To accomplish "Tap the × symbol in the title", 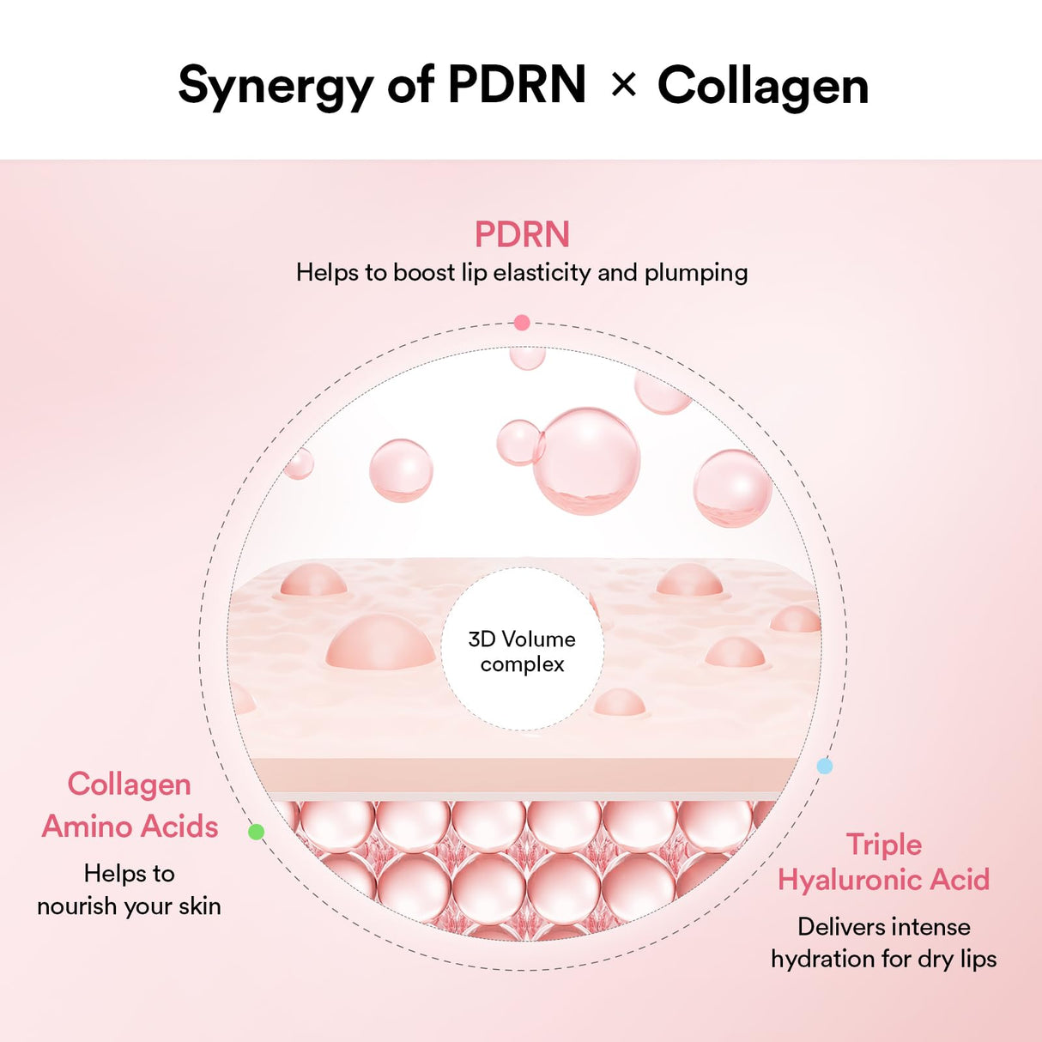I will pyautogui.click(x=624, y=84).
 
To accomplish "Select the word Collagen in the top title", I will pyautogui.click(x=763, y=87).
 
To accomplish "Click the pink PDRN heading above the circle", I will pyautogui.click(x=522, y=234).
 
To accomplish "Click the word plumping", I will pyautogui.click(x=696, y=273).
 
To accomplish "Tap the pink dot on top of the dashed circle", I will pyautogui.click(x=522, y=323).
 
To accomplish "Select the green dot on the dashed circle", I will pyautogui.click(x=256, y=831).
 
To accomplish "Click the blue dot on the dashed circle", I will pyautogui.click(x=824, y=766).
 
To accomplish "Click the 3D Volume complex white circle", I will pyautogui.click(x=522, y=651).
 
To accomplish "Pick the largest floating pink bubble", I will pyautogui.click(x=587, y=460).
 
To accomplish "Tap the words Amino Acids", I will pyautogui.click(x=130, y=827).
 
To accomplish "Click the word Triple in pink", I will pyautogui.click(x=884, y=845).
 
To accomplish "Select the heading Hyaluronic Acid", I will pyautogui.click(x=884, y=880).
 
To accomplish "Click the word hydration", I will pyautogui.click(x=822, y=959).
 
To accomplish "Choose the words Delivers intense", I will pyautogui.click(x=884, y=927).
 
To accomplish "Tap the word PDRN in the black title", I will pyautogui.click(x=517, y=85).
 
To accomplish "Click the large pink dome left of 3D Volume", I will pyautogui.click(x=380, y=643).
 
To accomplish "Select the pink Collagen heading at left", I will pyautogui.click(x=130, y=785).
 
